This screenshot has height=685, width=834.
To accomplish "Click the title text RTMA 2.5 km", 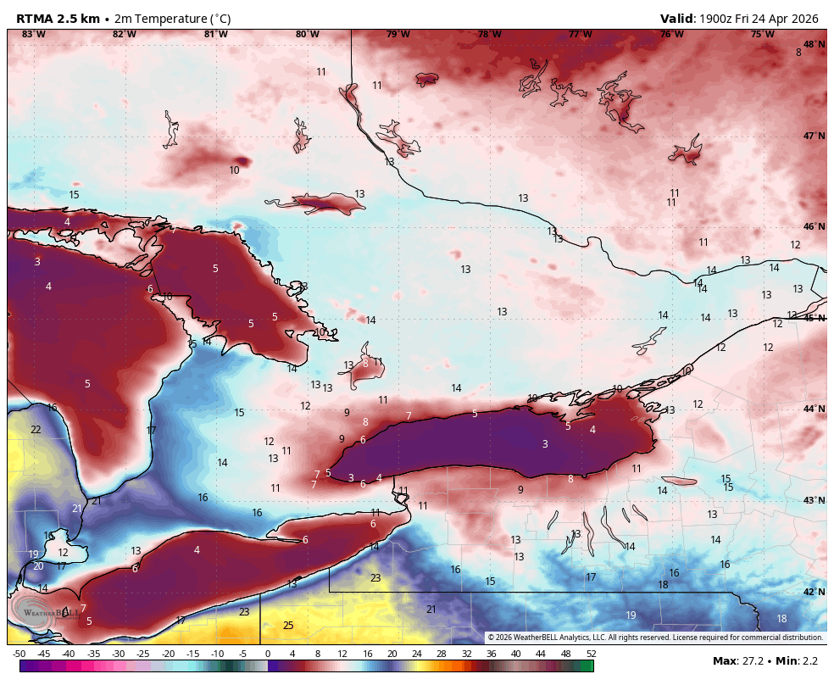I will (x=57, y=19).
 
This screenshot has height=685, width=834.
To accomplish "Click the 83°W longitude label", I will (x=33, y=34).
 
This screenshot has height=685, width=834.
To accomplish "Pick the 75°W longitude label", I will (x=762, y=34).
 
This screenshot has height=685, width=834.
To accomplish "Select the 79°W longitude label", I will (x=398, y=34).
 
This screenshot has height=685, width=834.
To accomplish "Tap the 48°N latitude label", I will (x=814, y=44).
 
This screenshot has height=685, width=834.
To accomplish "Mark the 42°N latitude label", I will (x=814, y=592).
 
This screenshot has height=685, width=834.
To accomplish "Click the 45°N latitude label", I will (x=814, y=318).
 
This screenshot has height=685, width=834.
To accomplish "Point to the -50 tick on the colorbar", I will (x=19, y=654).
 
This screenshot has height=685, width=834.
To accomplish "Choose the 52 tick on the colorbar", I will (x=590, y=654).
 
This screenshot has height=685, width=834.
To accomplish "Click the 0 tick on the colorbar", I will (x=268, y=654).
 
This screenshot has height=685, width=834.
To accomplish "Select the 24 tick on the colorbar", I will (x=416, y=654).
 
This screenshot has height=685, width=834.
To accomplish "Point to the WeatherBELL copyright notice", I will (x=655, y=638).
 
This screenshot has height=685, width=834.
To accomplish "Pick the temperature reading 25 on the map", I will (x=288, y=626).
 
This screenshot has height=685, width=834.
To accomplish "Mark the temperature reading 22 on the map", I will (x=36, y=430).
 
